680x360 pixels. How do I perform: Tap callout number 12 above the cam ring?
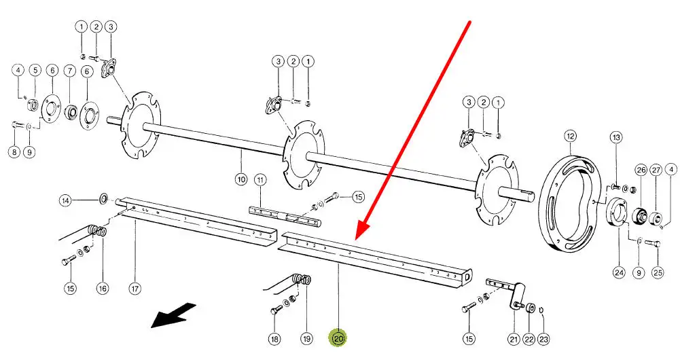click(570, 136)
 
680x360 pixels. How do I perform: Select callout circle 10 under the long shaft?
click(241, 180)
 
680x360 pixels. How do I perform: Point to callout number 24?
click(619, 272)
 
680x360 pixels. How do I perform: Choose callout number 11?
click(260, 180)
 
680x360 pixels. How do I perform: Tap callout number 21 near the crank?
click(514, 338)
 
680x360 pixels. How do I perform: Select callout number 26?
click(641, 169)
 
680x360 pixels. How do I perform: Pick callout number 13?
click(616, 138)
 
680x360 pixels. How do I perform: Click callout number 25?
click(657, 272)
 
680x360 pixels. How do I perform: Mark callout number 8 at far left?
click(14, 152)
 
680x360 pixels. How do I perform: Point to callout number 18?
click(274, 338)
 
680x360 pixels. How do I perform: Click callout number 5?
click(35, 70)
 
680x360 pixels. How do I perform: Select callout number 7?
click(70, 70)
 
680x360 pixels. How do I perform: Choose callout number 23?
click(543, 338)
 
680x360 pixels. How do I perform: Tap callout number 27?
click(656, 169)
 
